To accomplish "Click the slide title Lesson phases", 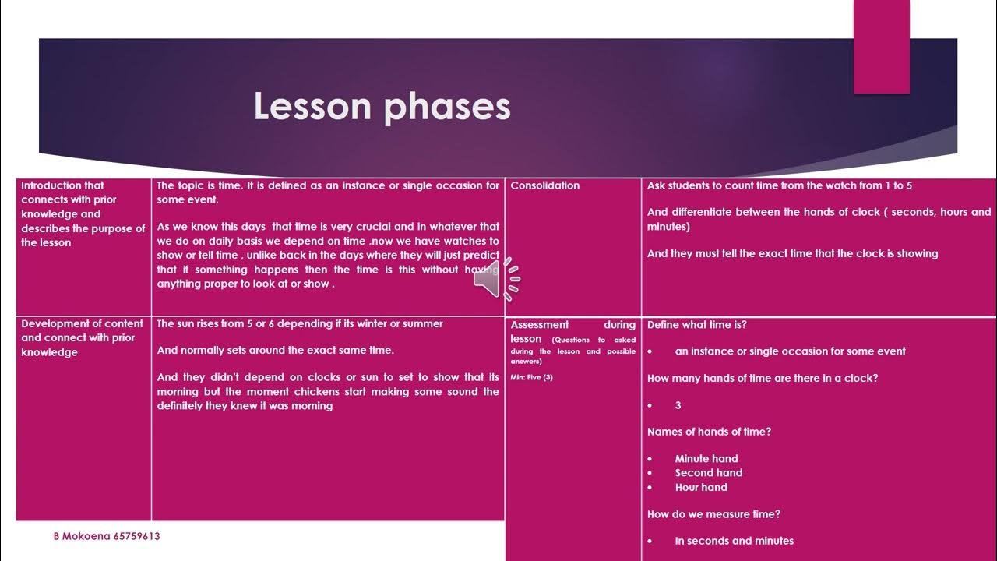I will point(382,108).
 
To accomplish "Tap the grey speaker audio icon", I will point(496,278).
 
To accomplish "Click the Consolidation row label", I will point(545,185).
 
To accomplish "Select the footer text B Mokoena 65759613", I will point(107,536).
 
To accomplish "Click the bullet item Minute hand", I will point(706,459).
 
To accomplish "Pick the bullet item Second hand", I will point(708,473).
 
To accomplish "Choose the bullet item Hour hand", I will point(700,487).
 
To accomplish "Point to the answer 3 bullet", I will point(678,405).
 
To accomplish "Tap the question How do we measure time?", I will point(713,514).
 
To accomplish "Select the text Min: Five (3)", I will point(532,377).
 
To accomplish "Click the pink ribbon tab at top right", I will point(881,47).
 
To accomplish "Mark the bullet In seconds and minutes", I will point(734,541).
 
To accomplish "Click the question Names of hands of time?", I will point(709,432).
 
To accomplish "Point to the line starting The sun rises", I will point(300,324).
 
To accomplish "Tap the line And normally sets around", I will point(275,351).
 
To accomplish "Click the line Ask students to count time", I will point(779,185).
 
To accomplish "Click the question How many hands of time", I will point(763,378).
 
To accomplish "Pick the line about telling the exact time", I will point(792,253).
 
